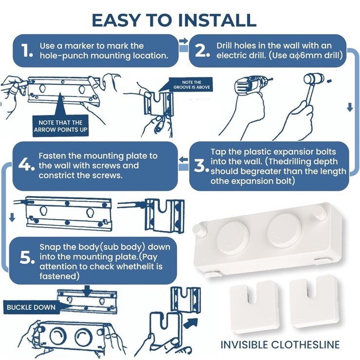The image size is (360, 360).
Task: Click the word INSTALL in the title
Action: click(217, 20)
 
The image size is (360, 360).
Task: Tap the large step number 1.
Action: click(27, 50)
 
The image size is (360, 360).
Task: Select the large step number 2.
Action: click(202, 50)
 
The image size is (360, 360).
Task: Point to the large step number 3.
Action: click(201, 166)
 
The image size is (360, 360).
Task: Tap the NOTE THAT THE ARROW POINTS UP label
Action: click(60, 126)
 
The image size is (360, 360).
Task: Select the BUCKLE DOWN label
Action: click(31, 307)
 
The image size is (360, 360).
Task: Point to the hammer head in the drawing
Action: click(314, 79)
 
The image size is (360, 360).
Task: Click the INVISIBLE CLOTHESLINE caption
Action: click(280, 345)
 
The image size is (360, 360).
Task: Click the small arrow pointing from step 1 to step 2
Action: click(183, 40)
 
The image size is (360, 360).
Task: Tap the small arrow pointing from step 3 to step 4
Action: click(183, 159)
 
